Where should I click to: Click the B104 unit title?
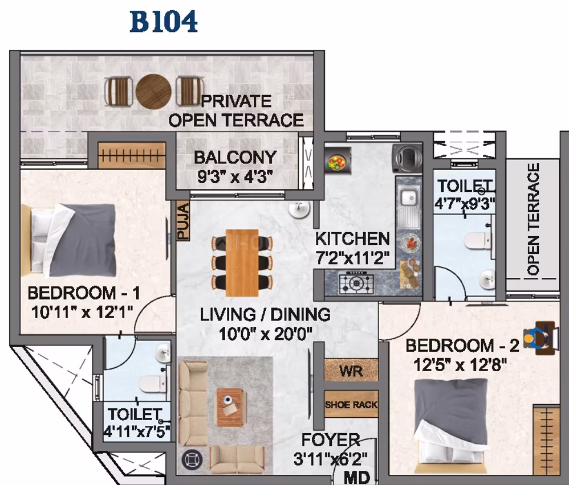point(164,22)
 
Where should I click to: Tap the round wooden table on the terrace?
point(153,92)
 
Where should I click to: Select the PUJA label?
point(183,221)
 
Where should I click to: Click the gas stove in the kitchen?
point(356,283)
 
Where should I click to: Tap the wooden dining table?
point(242,263)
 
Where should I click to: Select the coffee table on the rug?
point(229,408)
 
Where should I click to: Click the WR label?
point(351,371)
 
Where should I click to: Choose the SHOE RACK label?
point(351,405)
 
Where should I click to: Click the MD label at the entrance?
point(357,477)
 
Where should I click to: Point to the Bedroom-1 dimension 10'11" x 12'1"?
point(82,312)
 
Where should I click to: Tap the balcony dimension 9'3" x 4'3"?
point(235,177)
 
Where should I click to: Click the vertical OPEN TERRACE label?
point(533,219)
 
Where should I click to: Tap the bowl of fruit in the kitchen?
point(337,162)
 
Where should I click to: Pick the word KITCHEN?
point(352,239)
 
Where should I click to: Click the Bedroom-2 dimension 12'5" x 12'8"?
point(460,365)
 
